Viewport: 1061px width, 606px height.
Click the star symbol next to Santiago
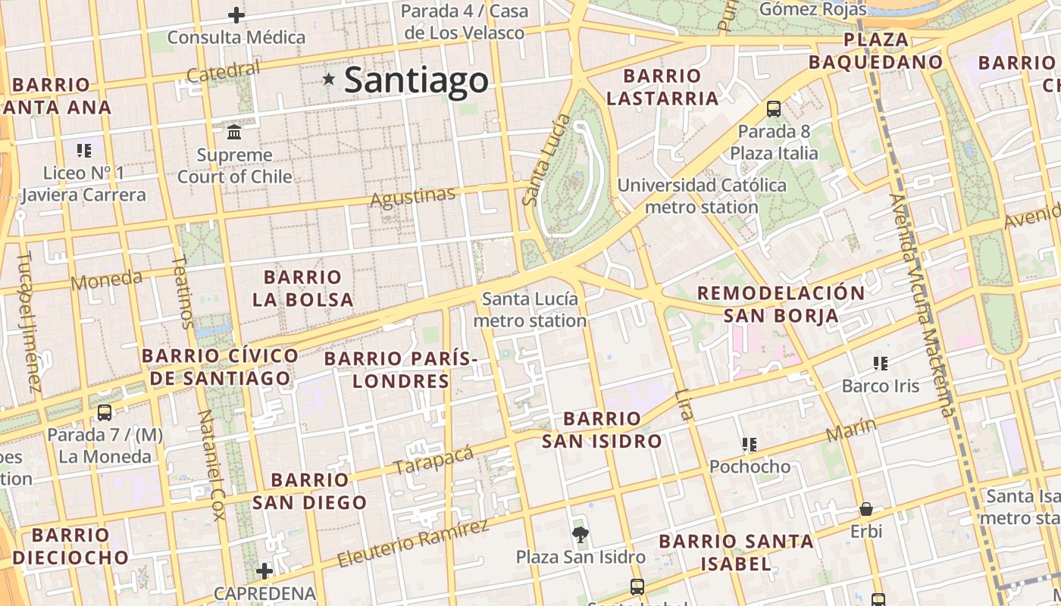pyautogui.click(x=328, y=79)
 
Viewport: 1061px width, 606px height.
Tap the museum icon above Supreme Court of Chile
pyautogui.click(x=234, y=132)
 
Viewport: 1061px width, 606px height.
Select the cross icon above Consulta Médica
pyautogui.click(x=236, y=14)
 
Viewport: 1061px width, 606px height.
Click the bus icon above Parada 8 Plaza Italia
pyautogui.click(x=773, y=108)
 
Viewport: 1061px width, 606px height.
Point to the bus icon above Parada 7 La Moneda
pyautogui.click(x=105, y=413)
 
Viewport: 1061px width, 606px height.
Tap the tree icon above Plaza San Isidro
pyautogui.click(x=581, y=535)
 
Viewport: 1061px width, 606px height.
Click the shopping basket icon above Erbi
pyautogui.click(x=865, y=509)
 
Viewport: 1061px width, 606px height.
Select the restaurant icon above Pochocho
pyautogui.click(x=750, y=444)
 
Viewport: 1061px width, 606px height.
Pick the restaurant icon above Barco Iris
pyautogui.click(x=880, y=364)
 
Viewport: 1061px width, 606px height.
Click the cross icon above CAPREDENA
pyautogui.click(x=264, y=570)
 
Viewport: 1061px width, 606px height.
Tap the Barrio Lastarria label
pyautogui.click(x=662, y=87)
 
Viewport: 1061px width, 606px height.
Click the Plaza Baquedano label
pyautogui.click(x=875, y=51)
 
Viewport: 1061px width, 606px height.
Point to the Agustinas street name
pyautogui.click(x=413, y=197)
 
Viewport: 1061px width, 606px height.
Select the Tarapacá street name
pyautogui.click(x=433, y=461)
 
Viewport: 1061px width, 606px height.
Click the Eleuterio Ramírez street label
pyautogui.click(x=413, y=543)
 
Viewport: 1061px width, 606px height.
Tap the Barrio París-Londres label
pyautogui.click(x=401, y=369)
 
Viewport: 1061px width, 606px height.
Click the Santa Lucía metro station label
pyautogui.click(x=530, y=309)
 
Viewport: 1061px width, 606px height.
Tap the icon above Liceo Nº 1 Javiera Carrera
pyautogui.click(x=83, y=150)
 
